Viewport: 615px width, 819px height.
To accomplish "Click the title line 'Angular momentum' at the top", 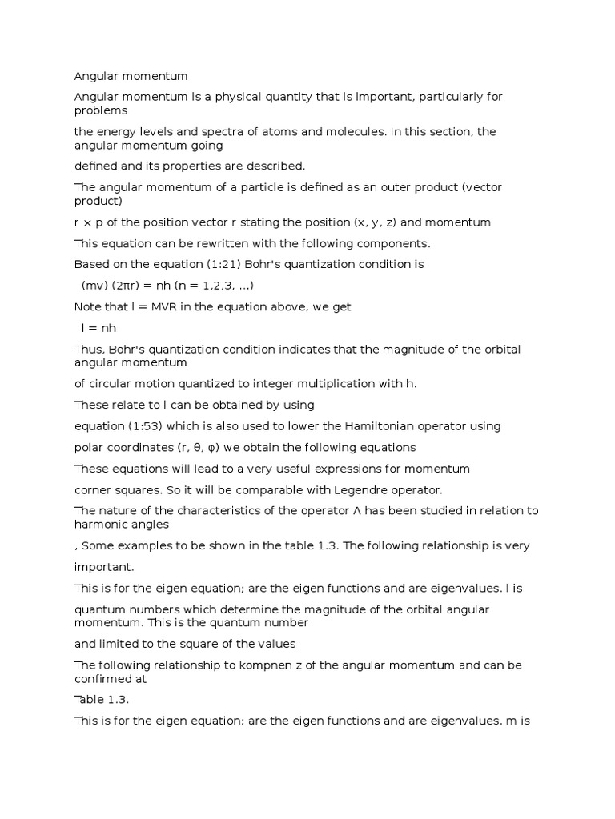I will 131,76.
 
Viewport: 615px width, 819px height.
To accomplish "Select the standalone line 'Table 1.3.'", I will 102,699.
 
